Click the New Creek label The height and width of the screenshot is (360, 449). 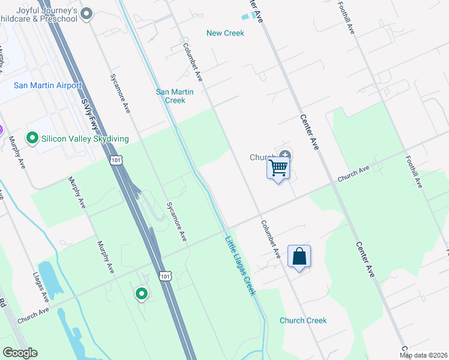point(225,33)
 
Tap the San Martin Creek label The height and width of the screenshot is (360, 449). point(175,96)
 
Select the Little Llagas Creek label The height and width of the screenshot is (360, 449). point(241,266)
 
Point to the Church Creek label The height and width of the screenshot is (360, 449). point(303,320)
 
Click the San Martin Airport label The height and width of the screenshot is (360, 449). point(47,86)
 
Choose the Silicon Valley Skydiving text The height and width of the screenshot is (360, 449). point(85,139)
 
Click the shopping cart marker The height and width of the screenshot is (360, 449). point(278,168)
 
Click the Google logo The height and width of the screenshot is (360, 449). point(20,353)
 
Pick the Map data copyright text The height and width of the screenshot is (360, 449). point(424,355)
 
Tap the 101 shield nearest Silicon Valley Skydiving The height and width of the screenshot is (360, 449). point(116,160)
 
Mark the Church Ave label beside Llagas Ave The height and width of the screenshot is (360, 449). point(33,316)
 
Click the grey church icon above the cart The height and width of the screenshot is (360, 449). point(284,156)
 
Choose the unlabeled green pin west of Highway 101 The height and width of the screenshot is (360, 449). point(142,293)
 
